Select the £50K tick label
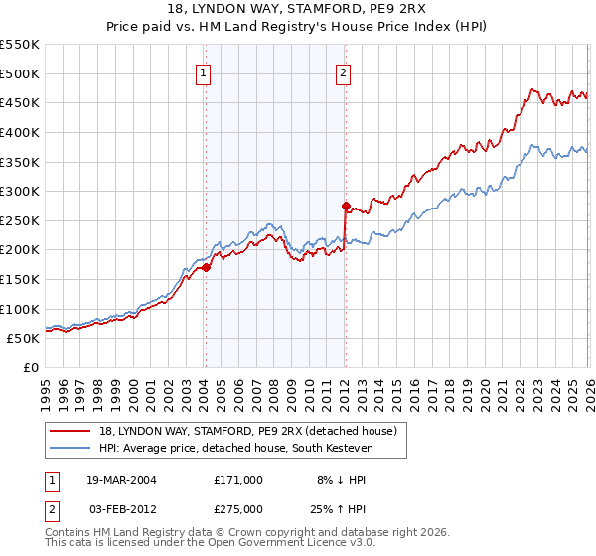pos(24,338)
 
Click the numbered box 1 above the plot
pos(203,71)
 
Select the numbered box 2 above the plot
pos(343,71)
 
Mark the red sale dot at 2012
pos(346,207)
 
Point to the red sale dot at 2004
pos(206,267)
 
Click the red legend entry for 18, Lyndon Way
pos(248,431)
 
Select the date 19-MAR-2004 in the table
pos(123,478)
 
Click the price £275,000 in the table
pos(237,508)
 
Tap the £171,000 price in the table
pos(237,478)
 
